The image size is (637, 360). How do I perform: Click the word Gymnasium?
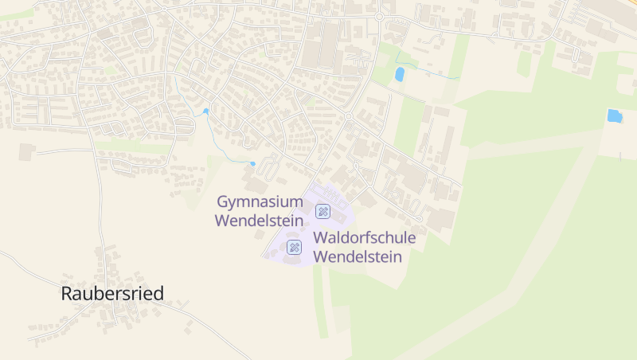tap(260, 202)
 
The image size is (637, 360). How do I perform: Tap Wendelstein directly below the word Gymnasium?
tap(260, 221)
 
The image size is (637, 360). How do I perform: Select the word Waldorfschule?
tap(365, 238)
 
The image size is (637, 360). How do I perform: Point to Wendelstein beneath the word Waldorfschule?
tap(358, 256)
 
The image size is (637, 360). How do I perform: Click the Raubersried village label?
tap(112, 293)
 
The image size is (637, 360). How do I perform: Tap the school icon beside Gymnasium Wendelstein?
tap(322, 211)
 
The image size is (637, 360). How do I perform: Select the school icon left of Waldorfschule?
tap(295, 247)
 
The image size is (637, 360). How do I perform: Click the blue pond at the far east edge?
tap(614, 115)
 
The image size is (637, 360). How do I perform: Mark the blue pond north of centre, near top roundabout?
tap(400, 74)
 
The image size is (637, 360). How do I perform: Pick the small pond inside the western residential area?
tap(205, 111)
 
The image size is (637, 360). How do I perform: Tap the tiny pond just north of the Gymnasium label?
tap(252, 164)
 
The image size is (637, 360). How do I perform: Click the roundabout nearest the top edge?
tap(380, 16)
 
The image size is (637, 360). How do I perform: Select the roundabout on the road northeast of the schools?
tap(348, 116)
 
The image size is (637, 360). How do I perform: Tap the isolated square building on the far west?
tap(27, 151)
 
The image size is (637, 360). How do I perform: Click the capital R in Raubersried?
tap(68, 293)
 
